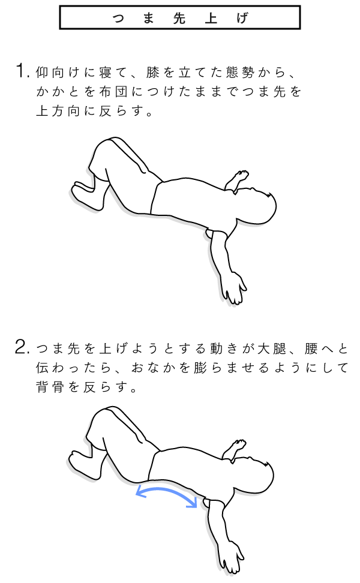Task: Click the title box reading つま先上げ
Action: click(179, 17)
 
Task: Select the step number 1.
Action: click(23, 71)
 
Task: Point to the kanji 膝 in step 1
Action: click(152, 72)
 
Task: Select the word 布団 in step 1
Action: click(113, 91)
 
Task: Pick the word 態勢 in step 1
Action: click(240, 72)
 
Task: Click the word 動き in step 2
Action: click(224, 348)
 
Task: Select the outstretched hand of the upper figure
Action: click(233, 288)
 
